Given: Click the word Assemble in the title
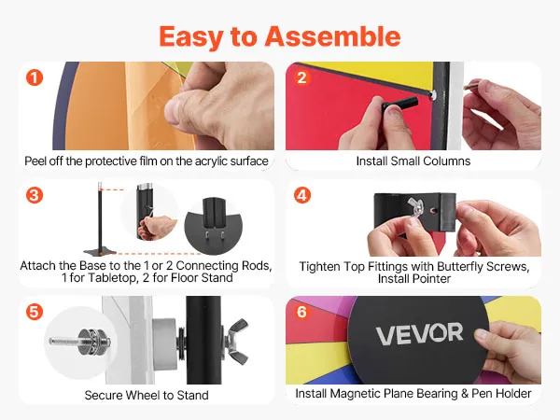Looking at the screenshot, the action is pyautogui.click(x=332, y=36).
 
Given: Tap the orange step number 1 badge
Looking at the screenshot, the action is pyautogui.click(x=35, y=77).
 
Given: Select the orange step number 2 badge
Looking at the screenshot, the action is pyautogui.click(x=301, y=77).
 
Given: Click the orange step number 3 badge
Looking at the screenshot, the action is pyautogui.click(x=35, y=195).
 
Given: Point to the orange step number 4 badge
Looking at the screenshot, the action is pyautogui.click(x=301, y=195).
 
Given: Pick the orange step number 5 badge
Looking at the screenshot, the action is pyautogui.click(x=35, y=312).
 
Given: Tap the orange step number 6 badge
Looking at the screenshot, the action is pyautogui.click(x=301, y=312).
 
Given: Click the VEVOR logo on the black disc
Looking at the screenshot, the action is pyautogui.click(x=419, y=333).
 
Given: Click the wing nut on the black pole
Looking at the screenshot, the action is pyautogui.click(x=235, y=341).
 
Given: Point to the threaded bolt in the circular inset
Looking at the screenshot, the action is pyautogui.click(x=79, y=342).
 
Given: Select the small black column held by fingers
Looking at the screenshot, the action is pyautogui.click(x=399, y=103).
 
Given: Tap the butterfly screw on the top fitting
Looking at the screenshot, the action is pyautogui.click(x=415, y=207).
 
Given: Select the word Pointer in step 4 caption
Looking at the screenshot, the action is pyautogui.click(x=432, y=278).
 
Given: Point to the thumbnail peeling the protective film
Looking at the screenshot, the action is pyautogui.click(x=147, y=105).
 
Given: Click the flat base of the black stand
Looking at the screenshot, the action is pyautogui.click(x=100, y=252).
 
